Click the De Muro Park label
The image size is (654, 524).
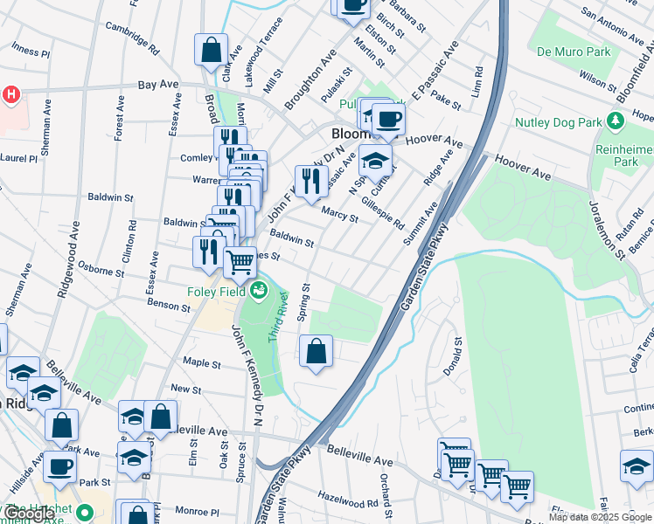[574, 52]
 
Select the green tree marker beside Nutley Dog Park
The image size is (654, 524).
[616, 120]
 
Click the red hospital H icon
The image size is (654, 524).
[10, 94]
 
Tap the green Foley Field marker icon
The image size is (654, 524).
[258, 290]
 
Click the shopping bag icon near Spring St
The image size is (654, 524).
[317, 352]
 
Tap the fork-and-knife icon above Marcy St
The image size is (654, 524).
[311, 181]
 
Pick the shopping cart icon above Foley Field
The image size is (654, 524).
[239, 261]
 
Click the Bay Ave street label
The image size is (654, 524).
[158, 86]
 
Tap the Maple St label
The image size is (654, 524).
[201, 362]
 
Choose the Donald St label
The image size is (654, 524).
[451, 357]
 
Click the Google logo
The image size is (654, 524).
[30, 514]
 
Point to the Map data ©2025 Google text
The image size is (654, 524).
[600, 517]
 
